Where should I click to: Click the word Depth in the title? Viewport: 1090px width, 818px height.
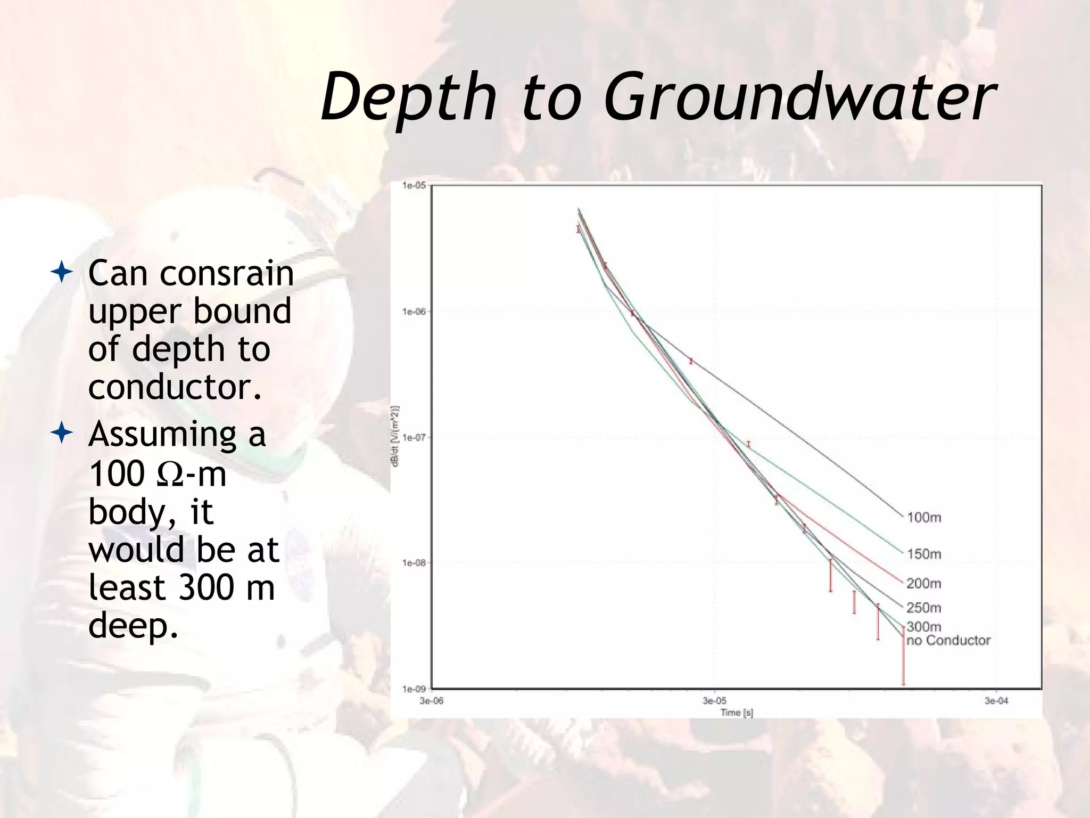click(x=409, y=97)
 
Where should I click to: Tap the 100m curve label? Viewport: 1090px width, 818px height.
click(x=924, y=517)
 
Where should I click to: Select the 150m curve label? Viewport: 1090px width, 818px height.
click(x=924, y=554)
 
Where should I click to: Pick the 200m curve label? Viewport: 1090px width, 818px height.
click(x=924, y=583)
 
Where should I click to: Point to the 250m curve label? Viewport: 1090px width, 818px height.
click(x=924, y=608)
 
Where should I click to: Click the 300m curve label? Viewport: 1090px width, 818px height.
click(x=924, y=627)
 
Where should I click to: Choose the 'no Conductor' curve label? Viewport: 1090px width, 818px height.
click(x=948, y=640)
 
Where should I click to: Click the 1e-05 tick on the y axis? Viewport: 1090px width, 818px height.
click(x=414, y=185)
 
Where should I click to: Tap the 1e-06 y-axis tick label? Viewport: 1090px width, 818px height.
click(x=414, y=312)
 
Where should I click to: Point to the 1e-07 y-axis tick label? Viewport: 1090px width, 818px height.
click(x=414, y=437)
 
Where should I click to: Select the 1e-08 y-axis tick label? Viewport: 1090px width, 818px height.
click(x=414, y=563)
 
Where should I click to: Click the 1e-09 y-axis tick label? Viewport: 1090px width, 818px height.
click(x=414, y=689)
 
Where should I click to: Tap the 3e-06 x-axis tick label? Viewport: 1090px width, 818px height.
click(x=431, y=701)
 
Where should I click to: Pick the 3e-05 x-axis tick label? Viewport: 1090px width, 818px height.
click(x=714, y=701)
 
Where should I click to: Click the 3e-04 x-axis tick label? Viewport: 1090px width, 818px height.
click(x=996, y=701)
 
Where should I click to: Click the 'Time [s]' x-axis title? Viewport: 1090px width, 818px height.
click(x=737, y=713)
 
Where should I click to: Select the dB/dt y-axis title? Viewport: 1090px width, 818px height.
click(x=395, y=436)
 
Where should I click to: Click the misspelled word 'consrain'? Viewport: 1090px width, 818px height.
click(x=227, y=273)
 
